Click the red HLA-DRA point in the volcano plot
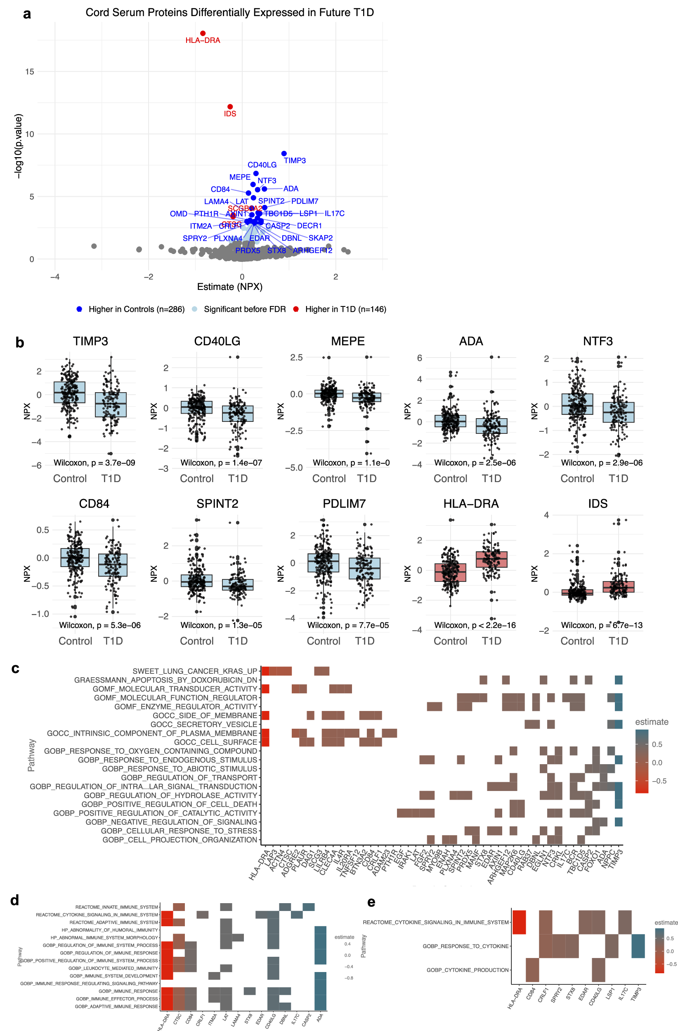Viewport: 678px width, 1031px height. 203,33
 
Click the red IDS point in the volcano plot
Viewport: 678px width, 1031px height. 230,106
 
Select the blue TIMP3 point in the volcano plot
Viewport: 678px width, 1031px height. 283,153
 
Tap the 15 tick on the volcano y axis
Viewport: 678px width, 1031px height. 29,71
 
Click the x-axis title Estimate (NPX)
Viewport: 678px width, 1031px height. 229,286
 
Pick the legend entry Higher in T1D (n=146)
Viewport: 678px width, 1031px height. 345,309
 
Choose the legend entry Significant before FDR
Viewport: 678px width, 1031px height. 244,309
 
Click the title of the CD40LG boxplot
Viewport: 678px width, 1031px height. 217,341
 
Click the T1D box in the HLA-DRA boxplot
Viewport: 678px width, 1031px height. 491,559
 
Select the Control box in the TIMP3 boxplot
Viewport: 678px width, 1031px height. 69,392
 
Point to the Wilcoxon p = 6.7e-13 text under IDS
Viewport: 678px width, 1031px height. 601,625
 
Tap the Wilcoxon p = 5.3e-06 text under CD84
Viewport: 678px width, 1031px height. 100,625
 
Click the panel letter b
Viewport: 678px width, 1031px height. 19,343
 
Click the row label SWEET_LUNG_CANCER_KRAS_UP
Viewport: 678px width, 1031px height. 195,671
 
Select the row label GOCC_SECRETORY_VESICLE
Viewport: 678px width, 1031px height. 203,724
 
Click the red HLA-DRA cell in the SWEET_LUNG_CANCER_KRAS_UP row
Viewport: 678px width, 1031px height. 265,671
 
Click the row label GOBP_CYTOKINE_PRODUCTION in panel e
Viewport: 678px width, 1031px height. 467,970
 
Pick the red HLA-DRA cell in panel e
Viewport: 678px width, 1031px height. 518,922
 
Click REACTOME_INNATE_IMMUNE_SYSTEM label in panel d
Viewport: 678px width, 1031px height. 116,907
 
